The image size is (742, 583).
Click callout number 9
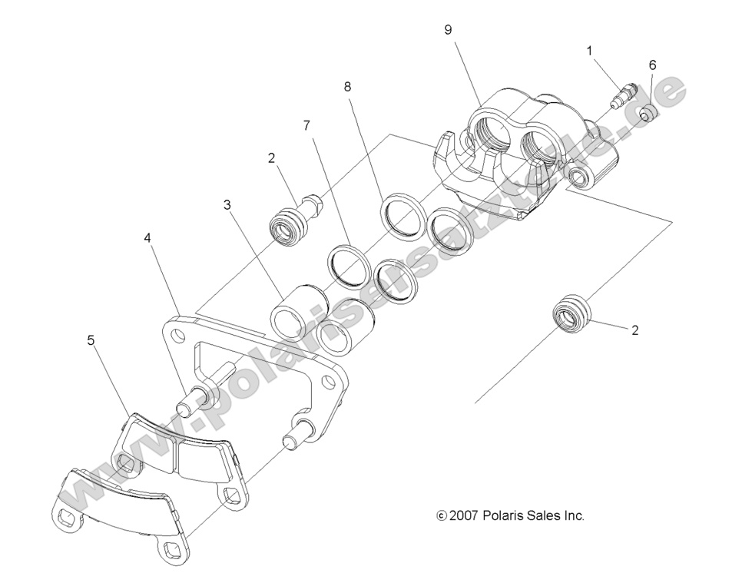pos(448,29)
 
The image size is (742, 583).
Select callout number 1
pos(589,51)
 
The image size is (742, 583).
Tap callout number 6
pos(652,65)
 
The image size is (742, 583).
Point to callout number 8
pos(348,88)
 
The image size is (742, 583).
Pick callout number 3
pos(227,205)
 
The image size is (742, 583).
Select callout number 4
pos(147,238)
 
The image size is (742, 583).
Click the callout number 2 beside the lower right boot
pos(634,331)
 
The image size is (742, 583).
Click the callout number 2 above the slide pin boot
pos(271,159)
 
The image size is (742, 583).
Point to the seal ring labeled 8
pos(403,211)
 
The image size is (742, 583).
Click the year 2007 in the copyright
pos(463,516)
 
